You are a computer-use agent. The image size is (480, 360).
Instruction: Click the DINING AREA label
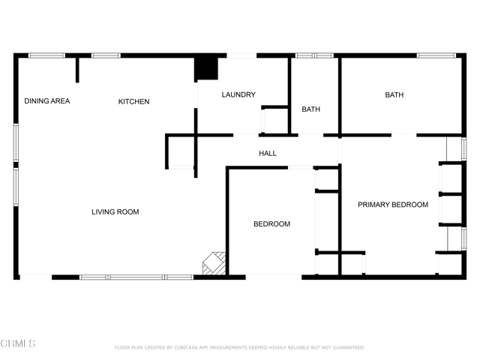point(46,101)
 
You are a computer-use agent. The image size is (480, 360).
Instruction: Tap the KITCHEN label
point(133,102)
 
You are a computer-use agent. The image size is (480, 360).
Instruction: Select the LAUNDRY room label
point(238,95)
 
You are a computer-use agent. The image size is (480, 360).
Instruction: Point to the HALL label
point(268,154)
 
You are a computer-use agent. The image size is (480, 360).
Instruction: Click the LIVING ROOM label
point(115,212)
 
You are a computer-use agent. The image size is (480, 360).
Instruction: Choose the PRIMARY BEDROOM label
point(392,205)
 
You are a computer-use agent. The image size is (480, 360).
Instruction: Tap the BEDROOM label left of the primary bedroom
point(271,224)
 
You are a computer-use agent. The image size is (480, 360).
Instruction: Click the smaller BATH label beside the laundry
point(310,109)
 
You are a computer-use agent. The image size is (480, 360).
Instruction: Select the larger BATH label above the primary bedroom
point(394,95)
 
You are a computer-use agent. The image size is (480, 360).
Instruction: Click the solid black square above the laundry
point(206,67)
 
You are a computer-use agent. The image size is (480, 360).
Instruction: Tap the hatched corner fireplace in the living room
point(214,263)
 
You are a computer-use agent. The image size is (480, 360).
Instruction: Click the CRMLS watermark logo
point(18,344)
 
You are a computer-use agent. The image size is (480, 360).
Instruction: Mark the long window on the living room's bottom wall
point(136,277)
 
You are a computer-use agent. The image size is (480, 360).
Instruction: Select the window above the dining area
point(46,55)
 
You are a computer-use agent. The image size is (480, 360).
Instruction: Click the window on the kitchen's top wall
point(106,55)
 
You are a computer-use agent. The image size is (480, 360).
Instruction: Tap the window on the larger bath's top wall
point(436,55)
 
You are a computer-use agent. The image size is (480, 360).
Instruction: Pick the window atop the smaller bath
point(314,55)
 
